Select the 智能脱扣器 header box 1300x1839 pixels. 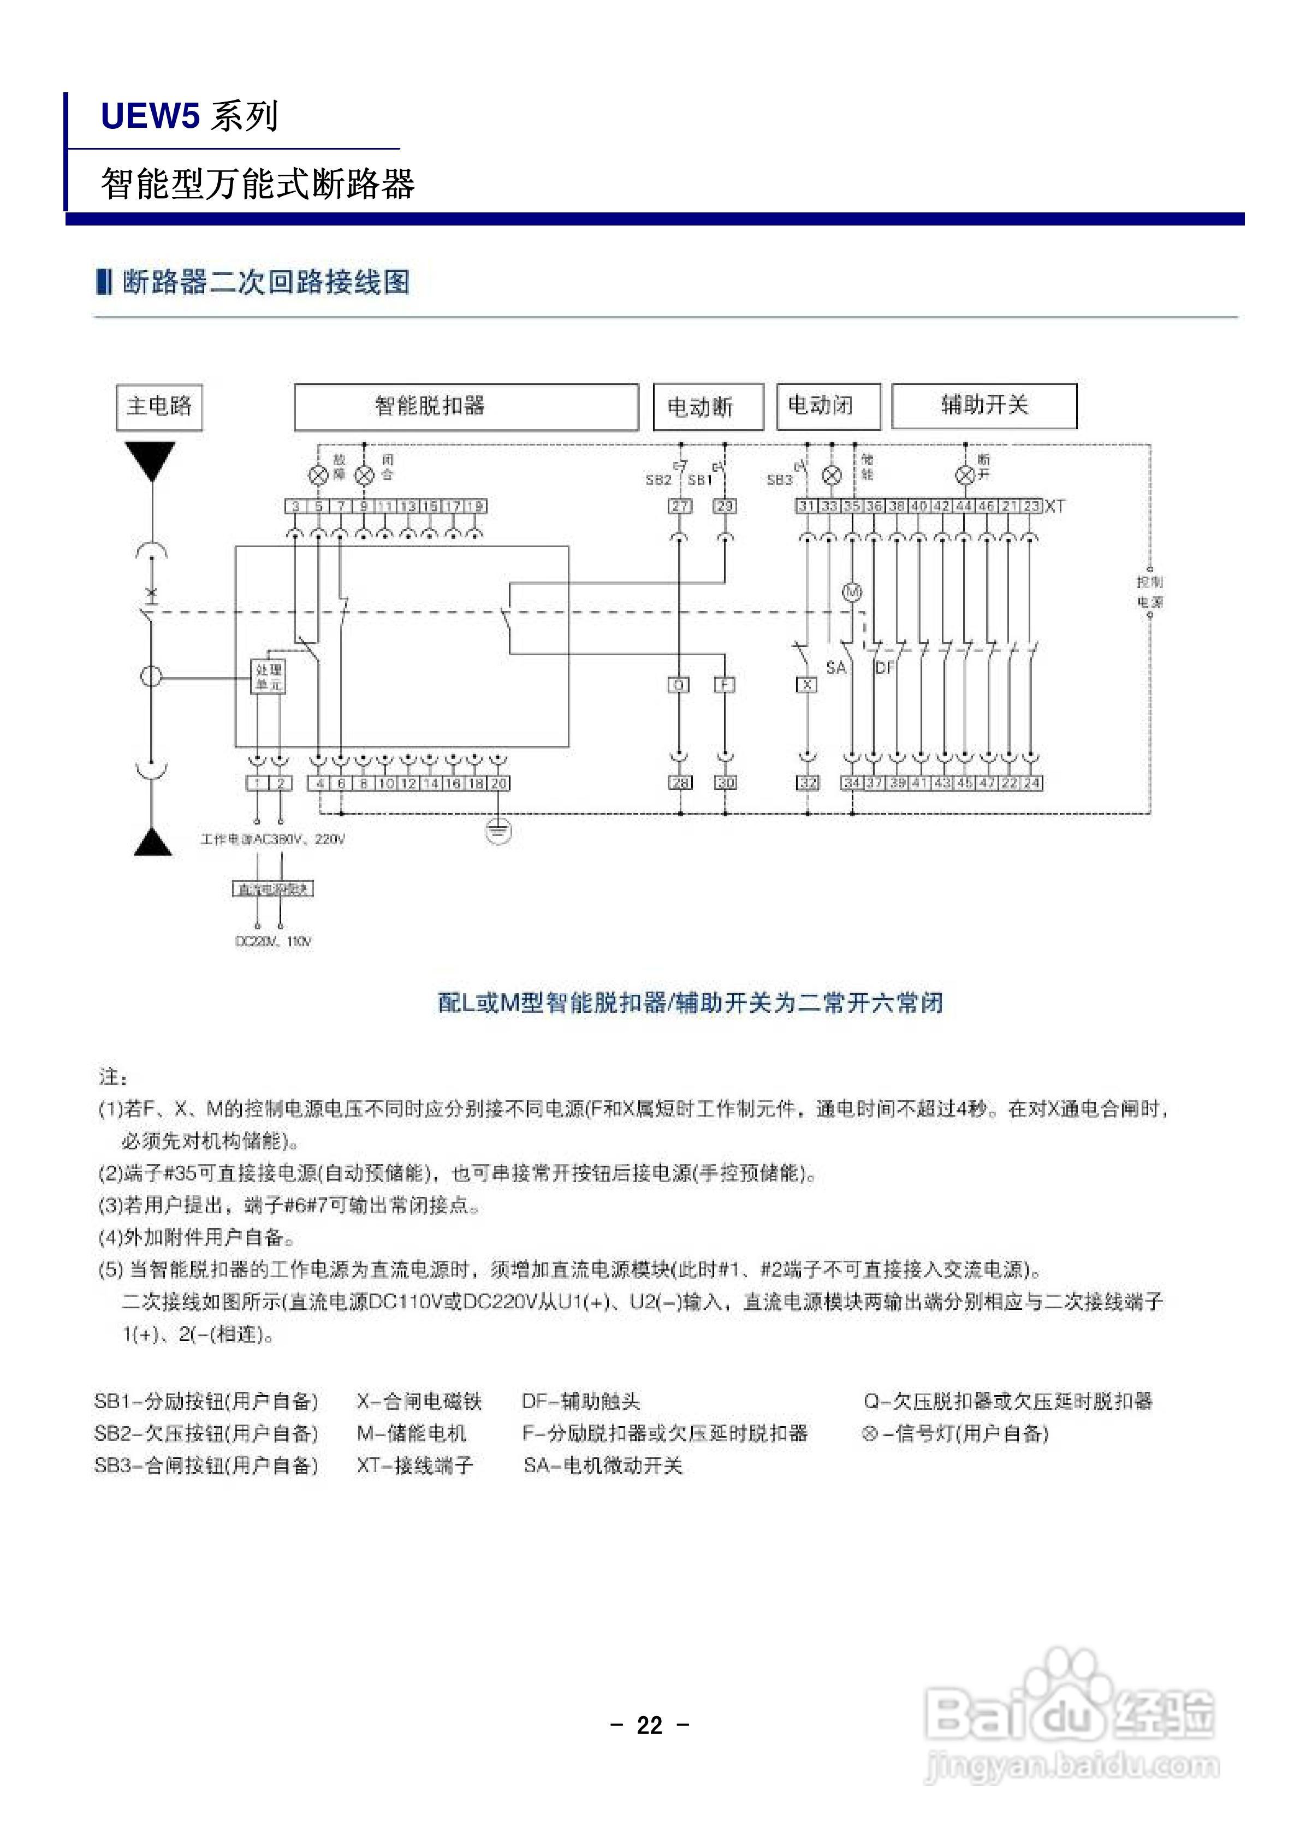pos(466,407)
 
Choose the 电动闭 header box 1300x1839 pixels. pos(828,406)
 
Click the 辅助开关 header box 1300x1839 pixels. pos(984,406)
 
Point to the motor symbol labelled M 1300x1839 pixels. pos(851,593)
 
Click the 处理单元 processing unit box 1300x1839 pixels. pos(268,677)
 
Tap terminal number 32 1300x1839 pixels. pos(808,782)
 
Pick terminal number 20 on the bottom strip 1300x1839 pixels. pos(499,782)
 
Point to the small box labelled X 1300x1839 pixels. pos(808,685)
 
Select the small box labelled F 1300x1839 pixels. pos(725,685)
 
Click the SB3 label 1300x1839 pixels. pos(779,480)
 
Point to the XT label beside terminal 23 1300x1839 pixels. pos(1055,506)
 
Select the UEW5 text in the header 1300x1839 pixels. pos(149,116)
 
